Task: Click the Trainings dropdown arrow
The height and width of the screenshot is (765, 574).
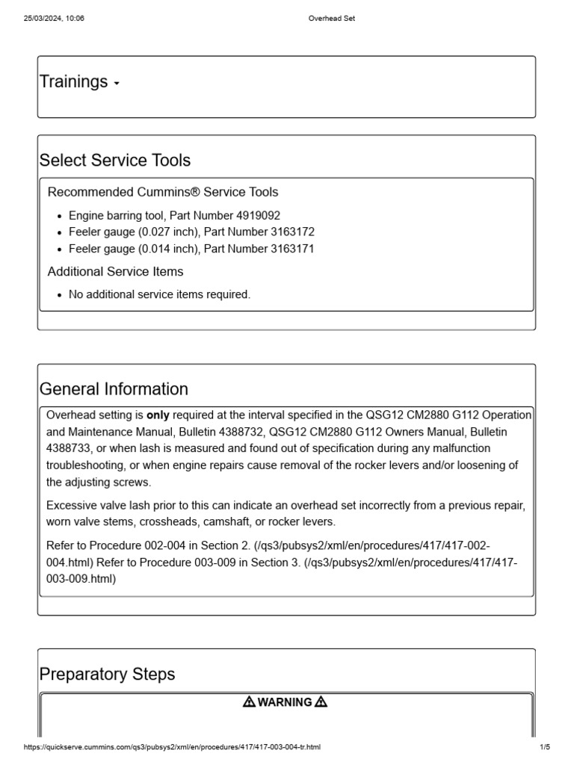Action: tap(117, 84)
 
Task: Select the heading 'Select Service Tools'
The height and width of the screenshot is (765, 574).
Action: tap(114, 160)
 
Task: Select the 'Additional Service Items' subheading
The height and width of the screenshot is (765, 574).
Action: tap(115, 271)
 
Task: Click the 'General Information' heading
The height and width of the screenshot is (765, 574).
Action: tap(114, 389)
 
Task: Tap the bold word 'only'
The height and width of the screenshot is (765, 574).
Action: tap(158, 415)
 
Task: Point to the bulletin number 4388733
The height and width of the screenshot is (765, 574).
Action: tap(68, 448)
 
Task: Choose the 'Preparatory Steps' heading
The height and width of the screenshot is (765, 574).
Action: tap(107, 674)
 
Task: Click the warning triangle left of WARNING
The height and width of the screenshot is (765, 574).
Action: tap(249, 702)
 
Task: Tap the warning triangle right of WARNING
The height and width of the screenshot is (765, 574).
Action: tap(321, 702)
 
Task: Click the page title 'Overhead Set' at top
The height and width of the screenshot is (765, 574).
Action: tap(332, 19)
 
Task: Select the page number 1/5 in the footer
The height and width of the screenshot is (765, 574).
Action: tap(544, 747)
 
